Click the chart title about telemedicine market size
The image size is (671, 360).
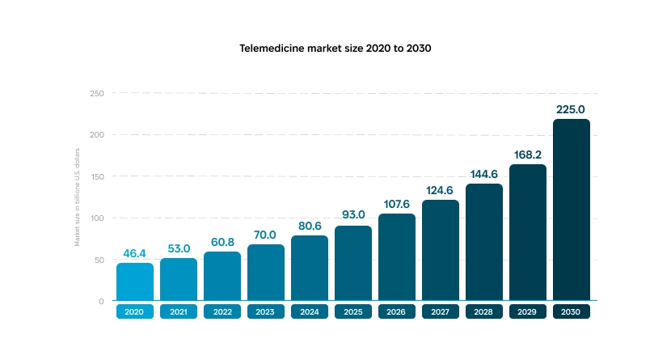(335, 48)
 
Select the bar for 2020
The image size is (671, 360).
(134, 282)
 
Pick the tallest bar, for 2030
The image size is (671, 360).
(572, 210)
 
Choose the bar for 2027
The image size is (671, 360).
(441, 250)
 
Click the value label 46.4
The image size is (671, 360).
(134, 253)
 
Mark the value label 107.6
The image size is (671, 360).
(397, 204)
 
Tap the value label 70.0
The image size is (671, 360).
(266, 235)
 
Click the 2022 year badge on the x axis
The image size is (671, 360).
(222, 311)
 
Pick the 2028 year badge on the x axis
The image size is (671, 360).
(484, 311)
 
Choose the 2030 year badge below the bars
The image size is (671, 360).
(572, 311)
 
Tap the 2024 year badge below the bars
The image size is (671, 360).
(310, 311)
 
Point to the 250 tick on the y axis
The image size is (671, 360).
(97, 94)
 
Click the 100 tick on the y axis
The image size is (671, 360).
(97, 218)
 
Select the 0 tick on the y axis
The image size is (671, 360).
(101, 301)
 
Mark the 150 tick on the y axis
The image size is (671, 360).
(97, 176)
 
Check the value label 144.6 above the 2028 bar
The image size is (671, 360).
(484, 174)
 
